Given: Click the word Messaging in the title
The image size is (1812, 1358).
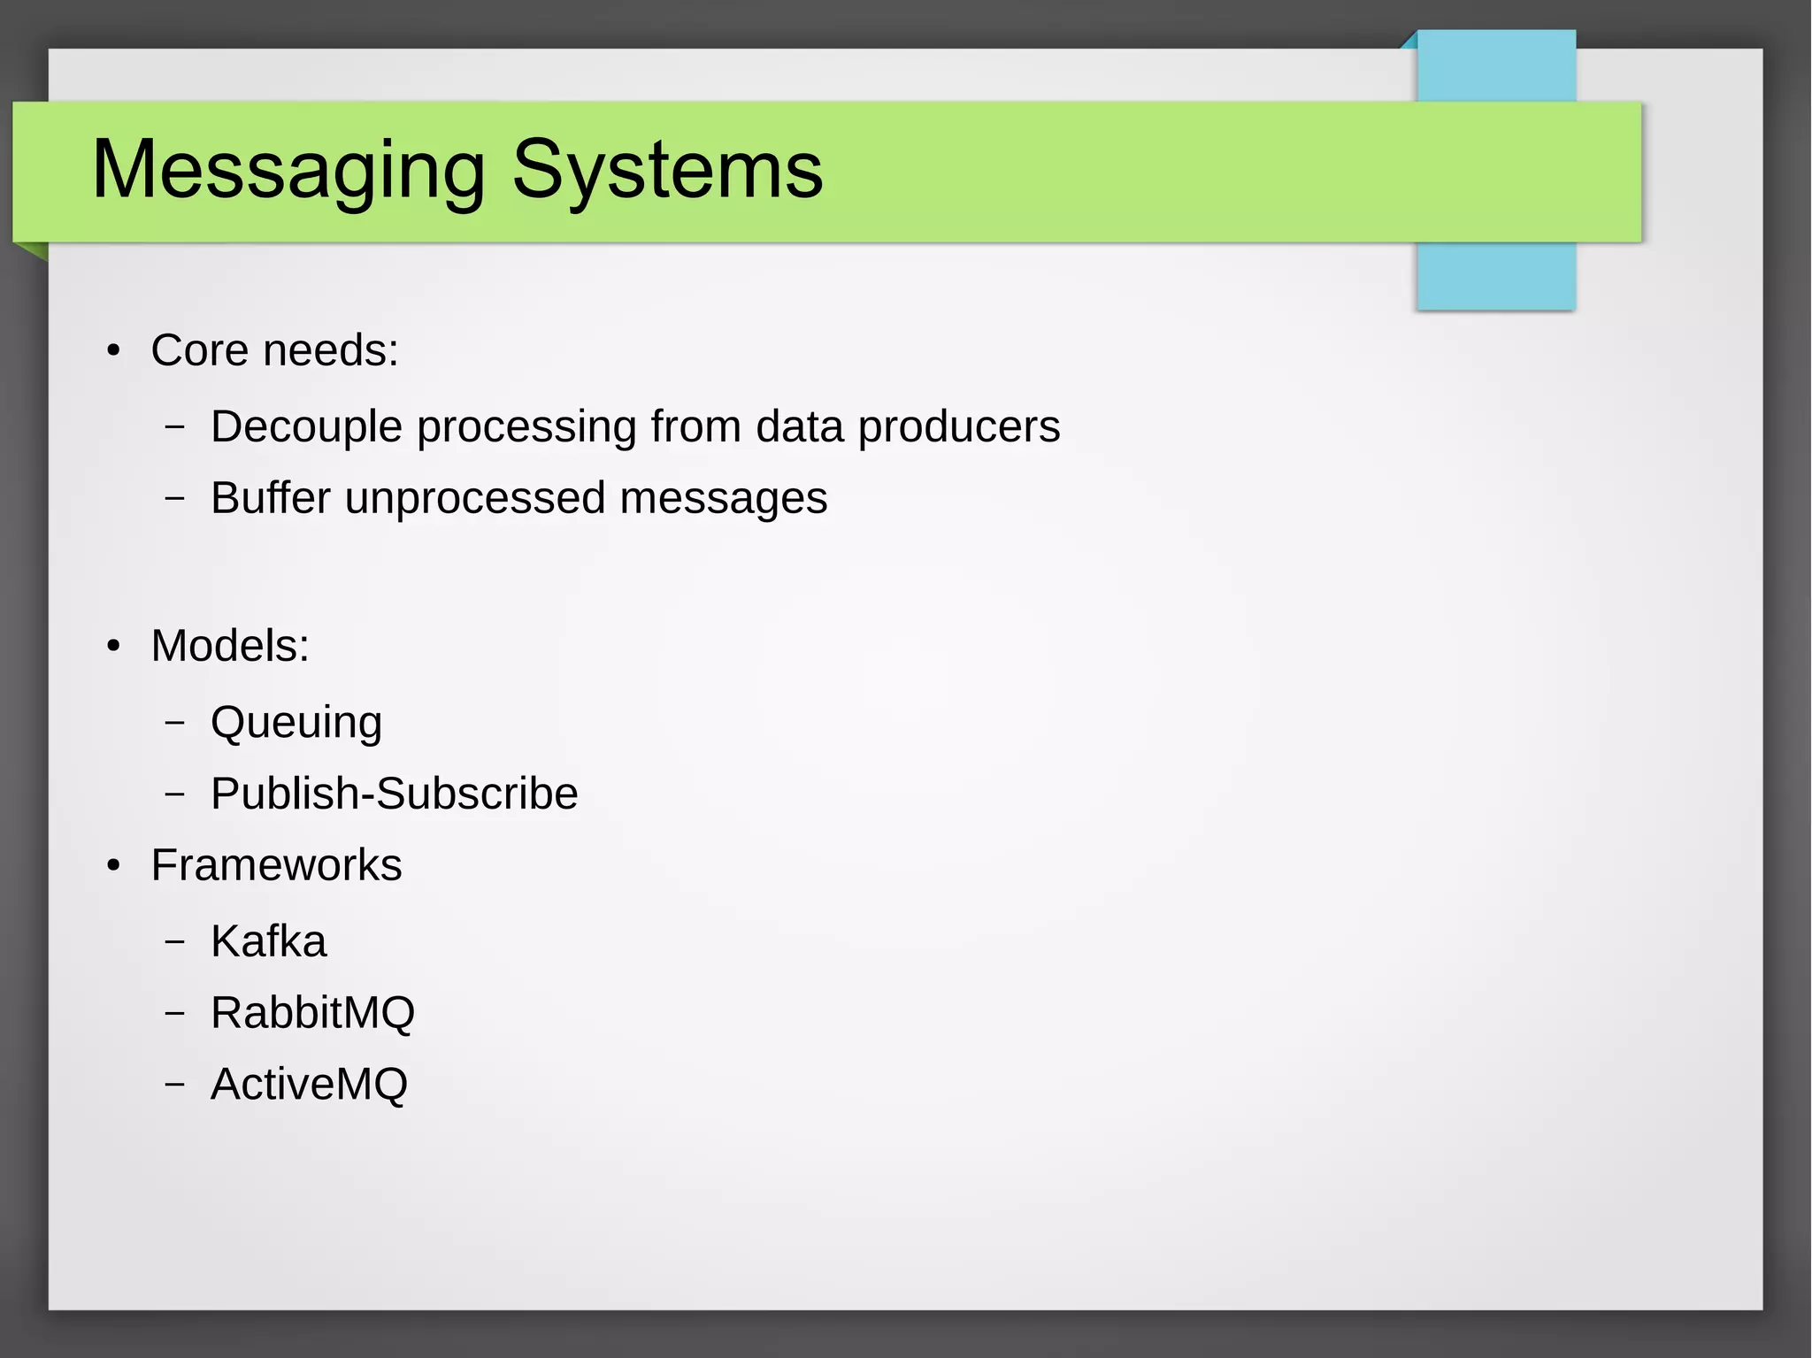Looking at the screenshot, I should coord(288,170).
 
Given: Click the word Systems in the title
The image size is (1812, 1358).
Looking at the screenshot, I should coord(667,170).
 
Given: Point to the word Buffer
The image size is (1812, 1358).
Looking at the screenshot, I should coord(271,498).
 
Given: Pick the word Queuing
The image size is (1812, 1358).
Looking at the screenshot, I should coord(296,723).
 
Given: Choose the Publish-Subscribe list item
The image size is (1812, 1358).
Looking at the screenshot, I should coord(394,794).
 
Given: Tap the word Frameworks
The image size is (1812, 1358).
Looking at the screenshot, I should coord(276,865).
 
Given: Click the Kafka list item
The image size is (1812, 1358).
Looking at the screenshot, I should coord(268,941).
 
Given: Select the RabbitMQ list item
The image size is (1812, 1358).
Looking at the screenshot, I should coord(312,1013).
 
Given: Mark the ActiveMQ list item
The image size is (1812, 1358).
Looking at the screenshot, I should coord(309,1085).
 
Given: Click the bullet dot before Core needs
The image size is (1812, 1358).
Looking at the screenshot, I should coord(113,351).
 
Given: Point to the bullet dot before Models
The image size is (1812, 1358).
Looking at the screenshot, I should coord(113,647).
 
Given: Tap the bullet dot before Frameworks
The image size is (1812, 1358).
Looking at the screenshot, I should coord(113,866).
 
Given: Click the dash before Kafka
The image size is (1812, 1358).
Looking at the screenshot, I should coord(175,941).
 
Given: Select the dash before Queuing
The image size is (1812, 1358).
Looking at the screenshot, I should coord(175,722).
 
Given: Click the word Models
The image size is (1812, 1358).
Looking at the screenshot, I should coord(229,646).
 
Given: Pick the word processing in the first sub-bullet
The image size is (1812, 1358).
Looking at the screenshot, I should coord(526,427).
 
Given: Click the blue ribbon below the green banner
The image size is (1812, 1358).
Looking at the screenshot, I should coord(1495,276).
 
